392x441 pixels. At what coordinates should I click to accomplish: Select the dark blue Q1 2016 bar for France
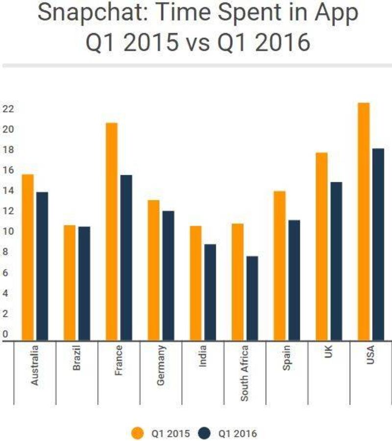click(x=126, y=257)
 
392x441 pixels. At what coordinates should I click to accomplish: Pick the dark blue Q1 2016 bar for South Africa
click(x=252, y=298)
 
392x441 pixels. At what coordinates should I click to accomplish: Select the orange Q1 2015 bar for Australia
click(x=28, y=257)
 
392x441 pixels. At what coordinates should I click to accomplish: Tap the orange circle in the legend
click(x=139, y=433)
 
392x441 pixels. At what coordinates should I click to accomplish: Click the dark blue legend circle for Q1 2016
click(x=205, y=433)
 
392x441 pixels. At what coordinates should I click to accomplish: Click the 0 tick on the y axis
click(x=5, y=335)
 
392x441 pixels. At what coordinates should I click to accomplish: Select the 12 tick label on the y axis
click(x=7, y=211)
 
